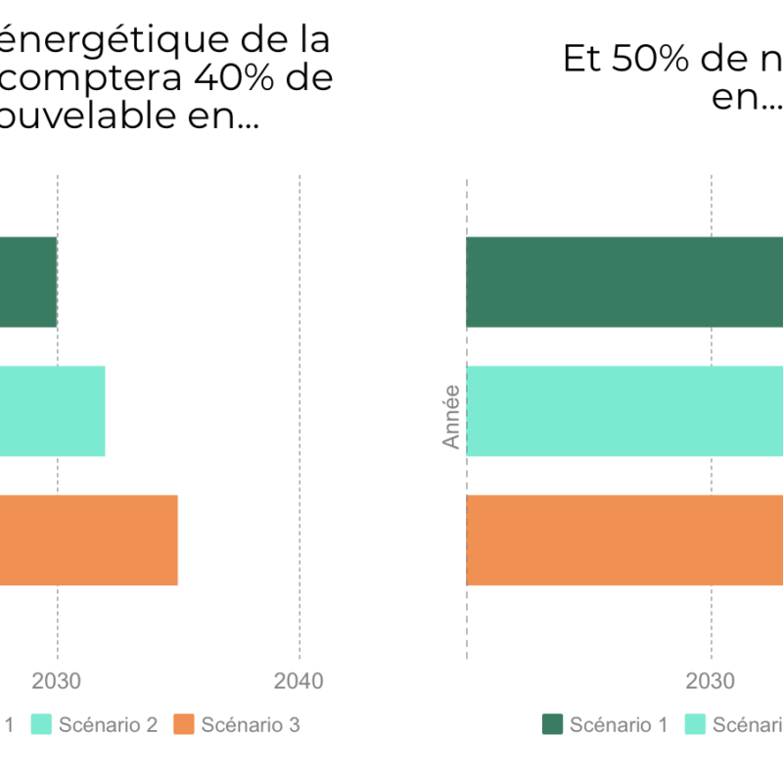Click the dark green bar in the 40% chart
coord(27,282)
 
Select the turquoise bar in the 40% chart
coord(51,411)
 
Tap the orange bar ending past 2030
coord(88,540)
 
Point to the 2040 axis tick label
coord(299,680)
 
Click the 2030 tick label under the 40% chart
coord(58,680)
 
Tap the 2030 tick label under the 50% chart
coord(711,680)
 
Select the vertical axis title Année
coord(451,417)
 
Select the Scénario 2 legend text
coord(108,725)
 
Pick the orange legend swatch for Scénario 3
coord(184,725)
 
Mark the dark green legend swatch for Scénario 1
coord(553,725)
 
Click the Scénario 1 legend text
coord(619,725)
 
